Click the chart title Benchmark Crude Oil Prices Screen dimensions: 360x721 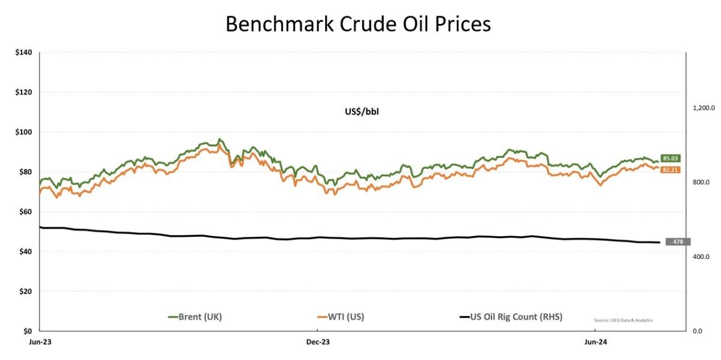pyautogui.click(x=358, y=23)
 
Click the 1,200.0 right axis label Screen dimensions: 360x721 pyautogui.click(x=703, y=108)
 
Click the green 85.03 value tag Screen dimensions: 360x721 pyautogui.click(x=671, y=159)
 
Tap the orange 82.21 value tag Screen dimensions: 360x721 pyautogui.click(x=671, y=170)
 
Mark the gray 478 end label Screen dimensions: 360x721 pyautogui.click(x=678, y=242)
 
